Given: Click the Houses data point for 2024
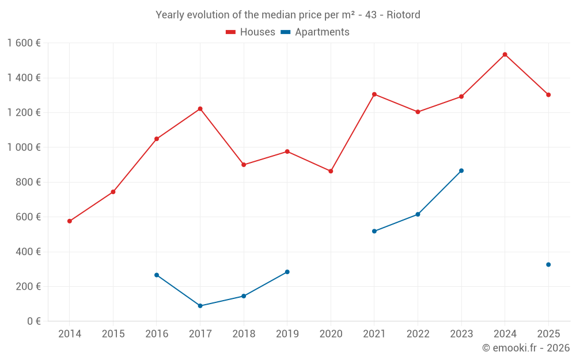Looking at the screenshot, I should coord(505,55).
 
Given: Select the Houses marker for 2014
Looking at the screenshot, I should coord(70,221).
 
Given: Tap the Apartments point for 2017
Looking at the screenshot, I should coord(200,306).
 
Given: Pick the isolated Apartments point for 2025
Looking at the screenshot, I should coord(548,264).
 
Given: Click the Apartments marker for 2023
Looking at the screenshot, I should coord(461,170).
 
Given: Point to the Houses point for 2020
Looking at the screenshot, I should coord(331,171).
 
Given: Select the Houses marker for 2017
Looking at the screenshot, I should coord(200,109).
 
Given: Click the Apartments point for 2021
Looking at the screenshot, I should coord(374,231).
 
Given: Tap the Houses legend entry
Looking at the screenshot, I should coord(251,32).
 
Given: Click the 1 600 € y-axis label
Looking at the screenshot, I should coord(24,43).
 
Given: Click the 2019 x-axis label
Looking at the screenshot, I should coord(287,334).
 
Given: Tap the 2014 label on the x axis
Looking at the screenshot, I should coord(70,334).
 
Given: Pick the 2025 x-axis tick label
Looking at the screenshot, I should coord(548,334).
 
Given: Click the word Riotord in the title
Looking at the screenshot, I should coord(403,14).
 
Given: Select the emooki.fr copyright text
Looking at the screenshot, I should coord(525,348).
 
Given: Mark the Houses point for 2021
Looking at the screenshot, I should coord(374,94).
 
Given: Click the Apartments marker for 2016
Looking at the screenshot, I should coord(157,275).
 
